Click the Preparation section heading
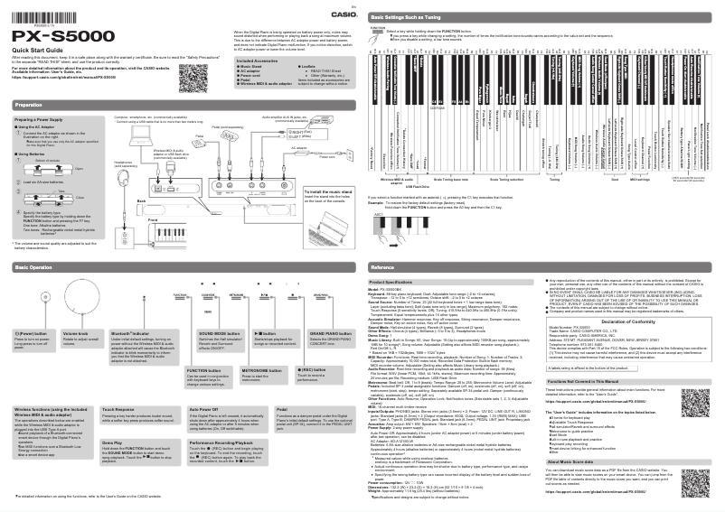click(x=29, y=105)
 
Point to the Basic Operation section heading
click(x=33, y=268)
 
